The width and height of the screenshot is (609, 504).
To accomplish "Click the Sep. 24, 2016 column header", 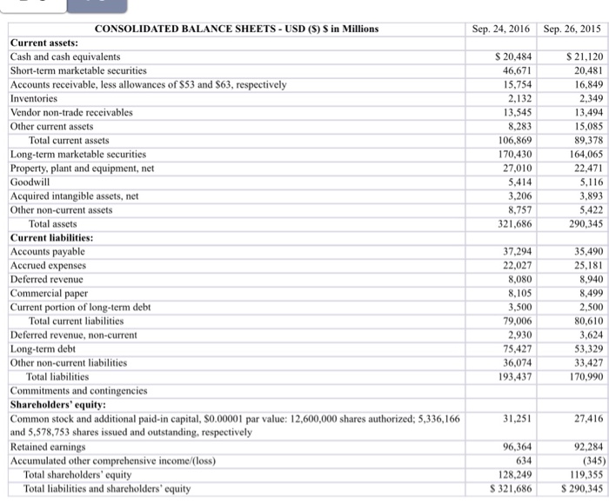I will coord(502,28).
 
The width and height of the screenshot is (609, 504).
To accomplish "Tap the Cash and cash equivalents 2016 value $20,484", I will coord(512,56).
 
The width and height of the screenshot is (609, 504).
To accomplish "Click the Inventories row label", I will coord(35,98).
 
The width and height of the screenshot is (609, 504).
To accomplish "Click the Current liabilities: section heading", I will coord(51,237).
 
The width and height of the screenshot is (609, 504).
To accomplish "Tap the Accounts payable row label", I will coord(47,251).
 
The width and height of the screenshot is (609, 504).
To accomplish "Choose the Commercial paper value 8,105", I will coord(519,293).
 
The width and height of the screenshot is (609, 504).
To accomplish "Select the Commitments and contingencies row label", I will coord(78,390).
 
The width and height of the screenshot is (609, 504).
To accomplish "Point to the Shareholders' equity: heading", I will coord(57,404).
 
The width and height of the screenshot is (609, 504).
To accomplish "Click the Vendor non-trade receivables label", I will coord(71,112).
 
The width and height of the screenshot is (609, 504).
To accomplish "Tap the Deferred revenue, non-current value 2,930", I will coord(519,335).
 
